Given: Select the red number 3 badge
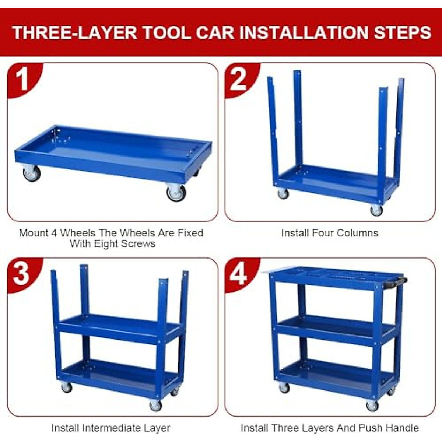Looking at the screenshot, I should [x=21, y=274].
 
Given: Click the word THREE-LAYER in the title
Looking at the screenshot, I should [x=74, y=32].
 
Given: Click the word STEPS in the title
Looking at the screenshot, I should [x=403, y=32].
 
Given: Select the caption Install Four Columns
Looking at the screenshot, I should [x=330, y=233].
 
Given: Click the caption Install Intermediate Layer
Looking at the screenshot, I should [x=110, y=428].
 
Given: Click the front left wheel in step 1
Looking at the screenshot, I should [x=31, y=173].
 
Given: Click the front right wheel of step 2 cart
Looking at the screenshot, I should [x=376, y=211].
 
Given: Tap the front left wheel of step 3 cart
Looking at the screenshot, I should [x=66, y=387].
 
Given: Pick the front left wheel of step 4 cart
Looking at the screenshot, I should [x=284, y=387].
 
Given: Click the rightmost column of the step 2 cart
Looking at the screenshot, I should [x=399, y=125].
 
